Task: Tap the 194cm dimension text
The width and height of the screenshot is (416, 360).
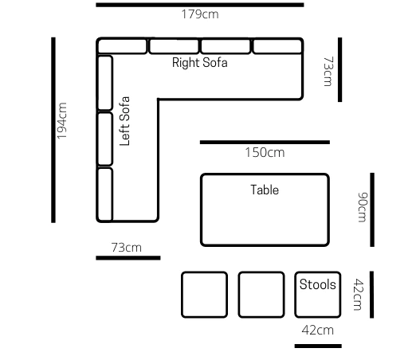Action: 62,122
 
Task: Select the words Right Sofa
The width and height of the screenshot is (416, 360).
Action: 200,63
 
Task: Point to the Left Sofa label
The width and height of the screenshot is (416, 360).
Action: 125,121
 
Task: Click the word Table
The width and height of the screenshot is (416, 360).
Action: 265,190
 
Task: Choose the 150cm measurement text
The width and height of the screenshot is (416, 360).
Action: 265,153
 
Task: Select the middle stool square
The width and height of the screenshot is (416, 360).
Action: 261,294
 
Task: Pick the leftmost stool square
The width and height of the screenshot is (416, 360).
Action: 205,294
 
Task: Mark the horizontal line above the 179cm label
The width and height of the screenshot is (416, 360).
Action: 200,5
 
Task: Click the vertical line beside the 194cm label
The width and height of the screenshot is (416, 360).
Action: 53,129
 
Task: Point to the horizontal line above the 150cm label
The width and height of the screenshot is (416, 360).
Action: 265,143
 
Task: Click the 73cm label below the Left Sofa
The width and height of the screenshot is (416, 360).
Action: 126,248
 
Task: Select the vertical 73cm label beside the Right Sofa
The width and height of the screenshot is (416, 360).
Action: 327,70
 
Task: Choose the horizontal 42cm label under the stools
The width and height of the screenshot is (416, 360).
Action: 317,330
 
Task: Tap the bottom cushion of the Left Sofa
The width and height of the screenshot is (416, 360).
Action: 105,194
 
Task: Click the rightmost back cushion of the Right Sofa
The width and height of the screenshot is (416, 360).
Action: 277,46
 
